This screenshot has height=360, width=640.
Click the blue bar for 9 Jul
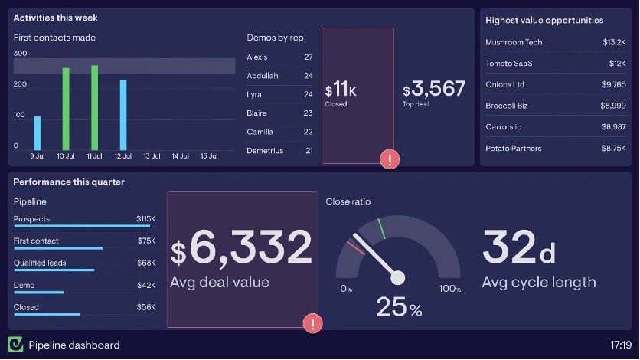pyautogui.click(x=37, y=133)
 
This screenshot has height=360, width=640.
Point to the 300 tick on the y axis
pyautogui.click(x=21, y=54)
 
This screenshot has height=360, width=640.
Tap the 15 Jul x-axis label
pyautogui.click(x=209, y=156)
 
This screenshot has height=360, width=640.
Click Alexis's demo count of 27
pyautogui.click(x=309, y=57)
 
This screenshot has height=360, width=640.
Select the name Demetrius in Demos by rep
pyautogui.click(x=265, y=151)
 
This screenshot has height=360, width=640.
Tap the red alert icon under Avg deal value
pyautogui.click(x=312, y=323)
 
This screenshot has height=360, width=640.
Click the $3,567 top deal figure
pyautogui.click(x=434, y=90)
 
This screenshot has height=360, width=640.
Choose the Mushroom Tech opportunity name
pyautogui.click(x=514, y=42)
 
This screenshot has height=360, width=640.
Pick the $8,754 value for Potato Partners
pyautogui.click(x=613, y=148)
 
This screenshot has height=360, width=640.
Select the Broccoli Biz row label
pyautogui.click(x=506, y=106)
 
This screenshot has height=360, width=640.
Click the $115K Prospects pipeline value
pyautogui.click(x=145, y=219)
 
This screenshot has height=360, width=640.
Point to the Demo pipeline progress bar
pyautogui.click(x=38, y=292)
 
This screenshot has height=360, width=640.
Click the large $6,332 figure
pyautogui.click(x=241, y=247)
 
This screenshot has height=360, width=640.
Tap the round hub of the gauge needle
pyautogui.click(x=397, y=277)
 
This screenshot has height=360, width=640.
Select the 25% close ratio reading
pyautogui.click(x=398, y=308)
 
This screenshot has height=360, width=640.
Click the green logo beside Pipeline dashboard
pyautogui.click(x=15, y=345)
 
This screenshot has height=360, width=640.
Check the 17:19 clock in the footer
pyautogui.click(x=621, y=345)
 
